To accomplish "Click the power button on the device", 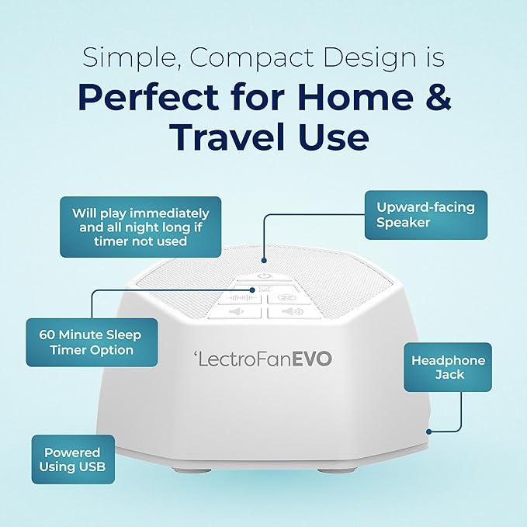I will click(x=264, y=275).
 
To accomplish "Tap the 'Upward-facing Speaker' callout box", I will click(x=425, y=215).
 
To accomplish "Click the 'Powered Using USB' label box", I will click(x=73, y=459).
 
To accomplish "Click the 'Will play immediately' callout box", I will click(x=140, y=227).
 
